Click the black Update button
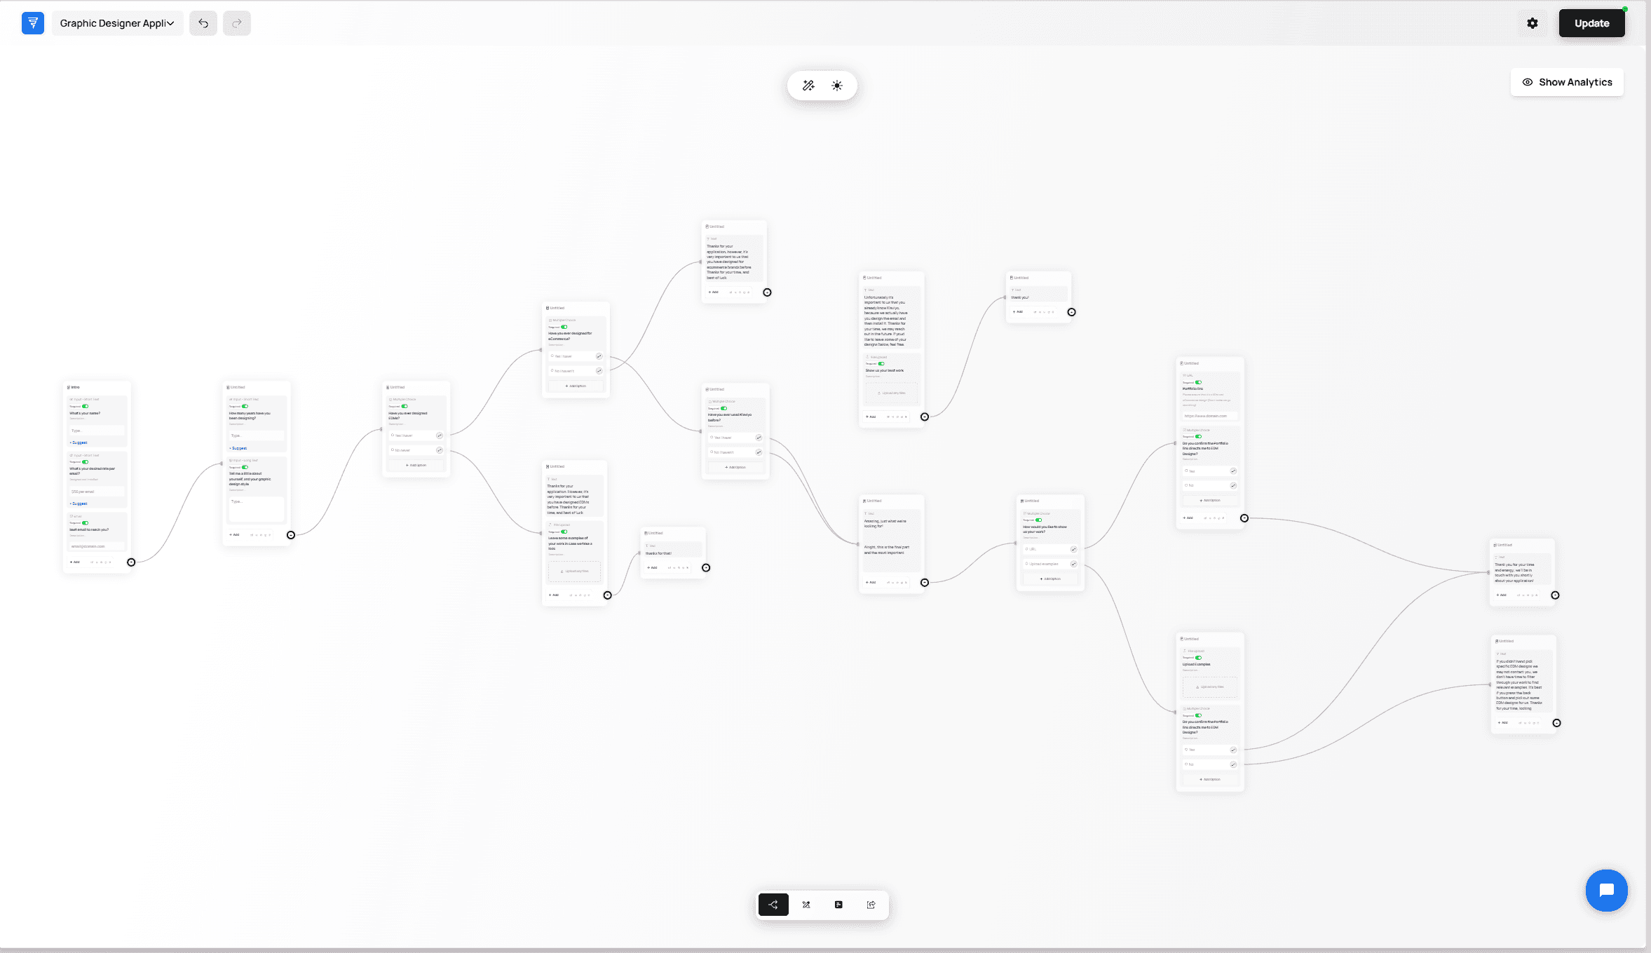(x=1591, y=23)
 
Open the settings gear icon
(x=1532, y=23)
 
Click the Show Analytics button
(x=1567, y=82)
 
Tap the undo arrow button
(x=203, y=23)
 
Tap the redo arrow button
(x=237, y=23)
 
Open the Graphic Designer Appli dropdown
(x=117, y=23)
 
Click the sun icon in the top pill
(x=837, y=86)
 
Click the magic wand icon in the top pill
(x=808, y=86)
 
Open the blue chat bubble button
(x=1606, y=890)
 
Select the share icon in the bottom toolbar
(x=871, y=905)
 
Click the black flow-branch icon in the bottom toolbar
(x=773, y=905)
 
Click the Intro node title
(x=75, y=387)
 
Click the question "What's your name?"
(x=85, y=413)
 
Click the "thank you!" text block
(x=1020, y=297)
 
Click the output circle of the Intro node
(x=131, y=562)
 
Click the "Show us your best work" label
(x=885, y=370)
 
